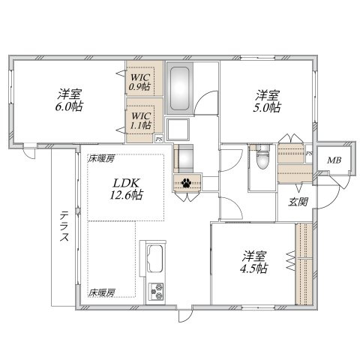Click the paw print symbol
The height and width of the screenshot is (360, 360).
[x=186, y=183]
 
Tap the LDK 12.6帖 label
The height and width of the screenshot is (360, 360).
[x=126, y=189]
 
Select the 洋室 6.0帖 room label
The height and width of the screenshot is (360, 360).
[x=69, y=100]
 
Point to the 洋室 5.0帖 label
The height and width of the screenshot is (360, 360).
[x=267, y=101]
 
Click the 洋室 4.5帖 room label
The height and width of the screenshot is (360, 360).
[x=253, y=262]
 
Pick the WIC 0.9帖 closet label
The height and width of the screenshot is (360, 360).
[x=139, y=82]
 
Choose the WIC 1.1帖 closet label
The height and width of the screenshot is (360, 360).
[x=141, y=121]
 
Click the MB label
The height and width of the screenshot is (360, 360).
[x=334, y=160]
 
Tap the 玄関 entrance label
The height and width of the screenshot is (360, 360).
[x=298, y=202]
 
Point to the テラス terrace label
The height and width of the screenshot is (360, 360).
[x=64, y=226]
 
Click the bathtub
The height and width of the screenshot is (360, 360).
[x=179, y=88]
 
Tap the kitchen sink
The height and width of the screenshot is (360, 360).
[x=155, y=258]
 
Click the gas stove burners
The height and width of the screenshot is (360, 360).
[x=156, y=292]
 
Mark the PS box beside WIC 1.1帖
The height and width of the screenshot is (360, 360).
[x=158, y=139]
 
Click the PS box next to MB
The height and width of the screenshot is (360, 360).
[x=309, y=154]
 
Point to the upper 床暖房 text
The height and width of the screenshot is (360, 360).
[x=101, y=159]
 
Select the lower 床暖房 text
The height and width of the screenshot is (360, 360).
[x=101, y=292]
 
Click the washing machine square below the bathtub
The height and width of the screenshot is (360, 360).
[x=178, y=129]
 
